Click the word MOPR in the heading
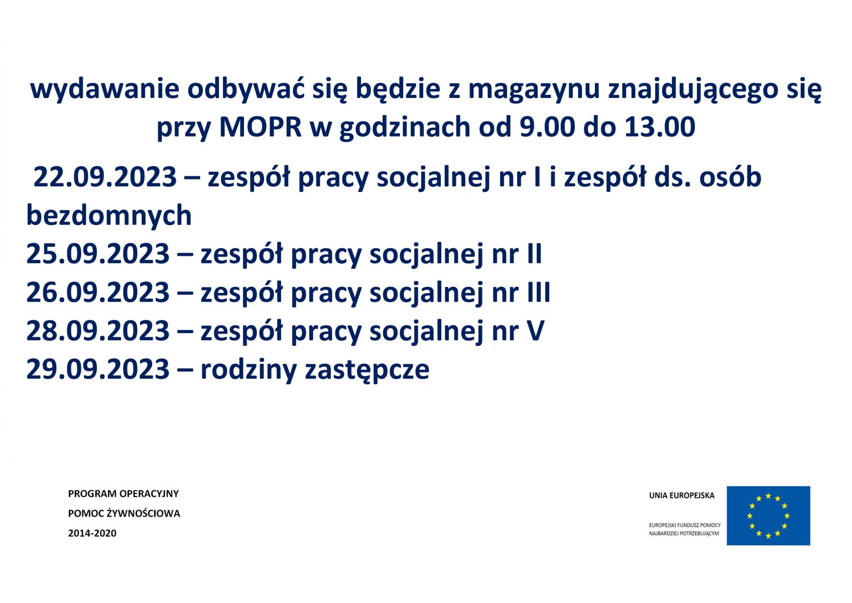click(x=261, y=127)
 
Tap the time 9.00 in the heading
click(x=547, y=127)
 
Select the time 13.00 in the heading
click(x=660, y=127)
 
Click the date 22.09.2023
click(x=105, y=177)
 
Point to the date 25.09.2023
click(x=98, y=254)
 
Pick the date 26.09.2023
click(x=98, y=292)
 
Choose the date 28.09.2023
click(x=98, y=331)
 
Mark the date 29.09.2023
click(x=98, y=369)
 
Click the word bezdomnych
click(x=109, y=216)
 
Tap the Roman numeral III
click(x=539, y=292)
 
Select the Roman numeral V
click(x=536, y=331)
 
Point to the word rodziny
click(x=249, y=370)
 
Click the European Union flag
click(x=768, y=516)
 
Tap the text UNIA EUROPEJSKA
click(x=682, y=495)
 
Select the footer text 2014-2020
click(x=92, y=533)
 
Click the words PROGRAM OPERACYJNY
click(x=123, y=493)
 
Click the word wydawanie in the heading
click(x=104, y=90)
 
